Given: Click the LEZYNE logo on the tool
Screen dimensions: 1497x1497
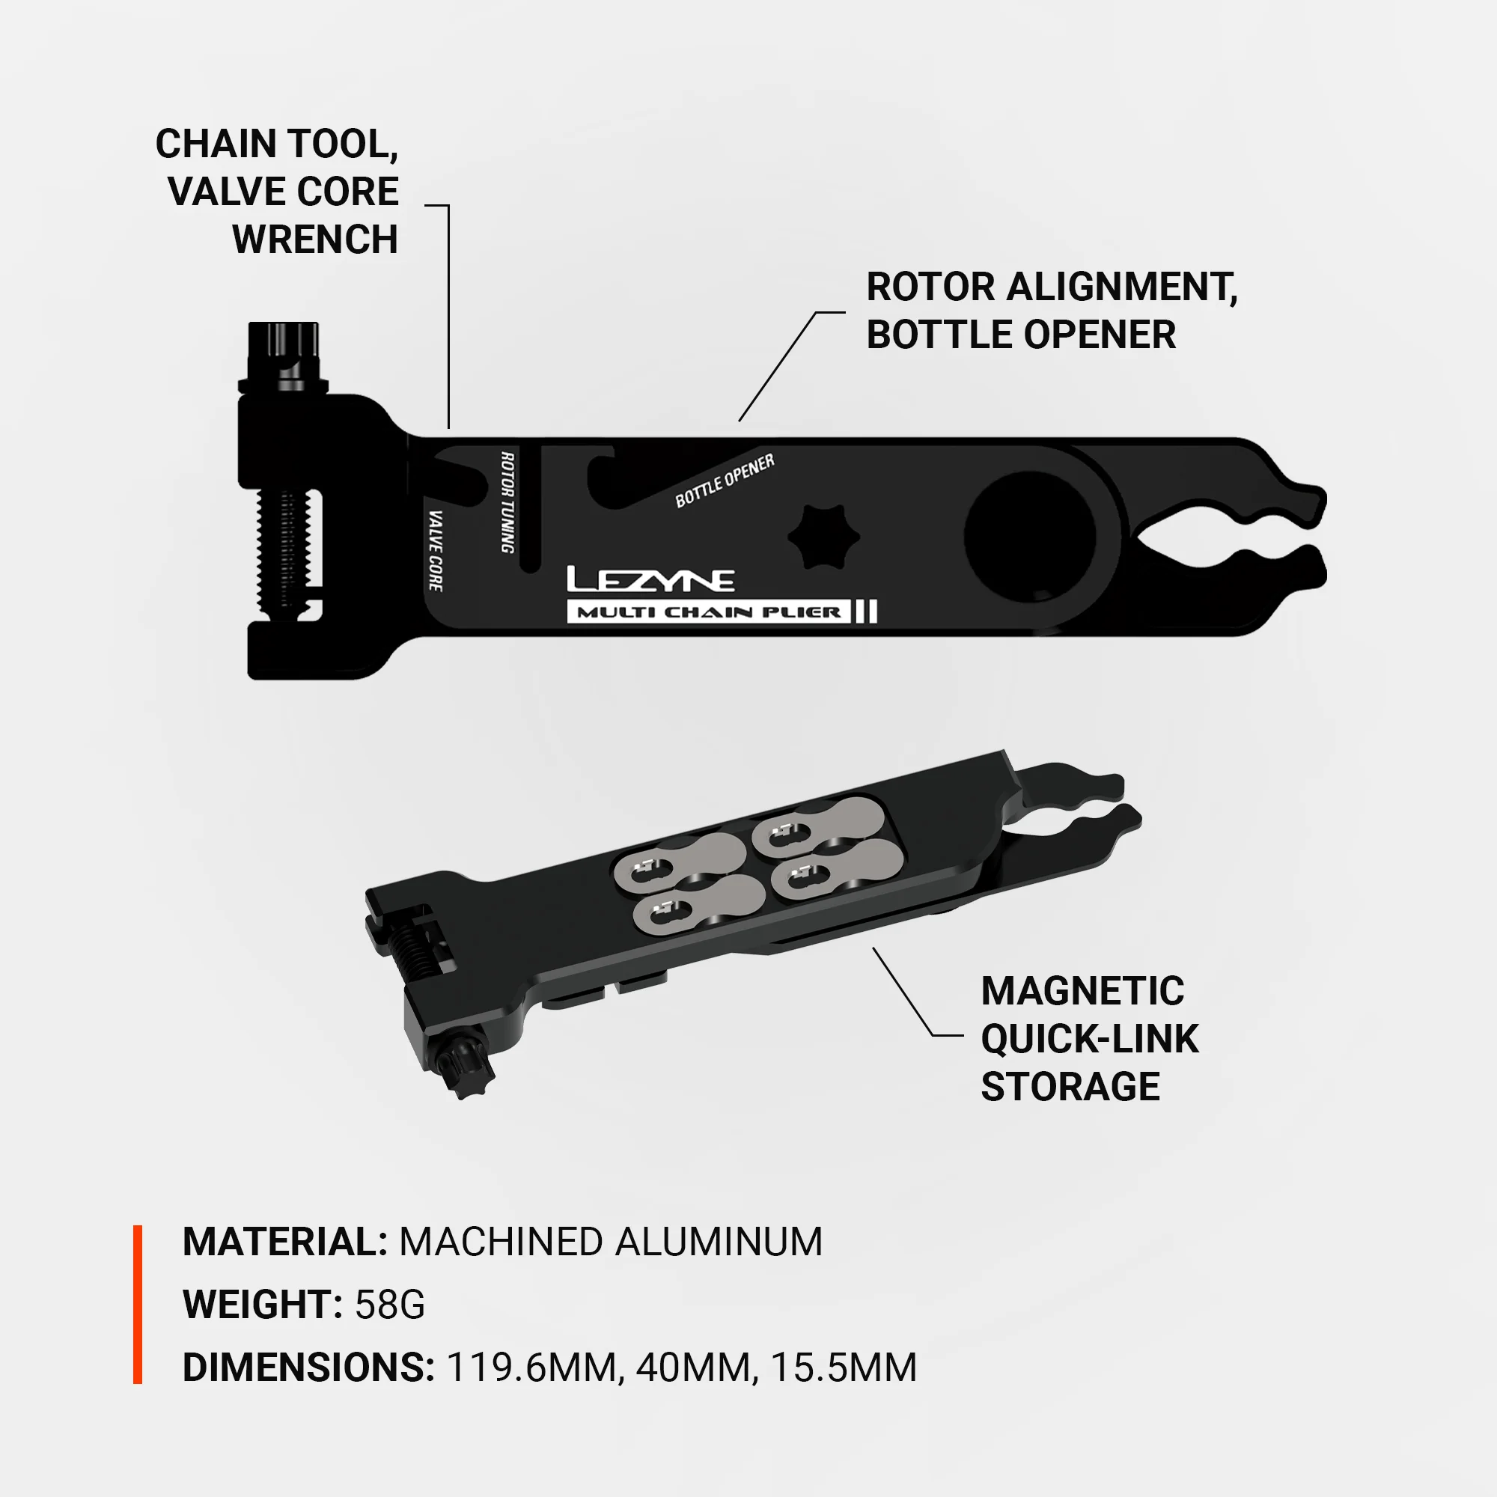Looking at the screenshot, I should click(x=650, y=579).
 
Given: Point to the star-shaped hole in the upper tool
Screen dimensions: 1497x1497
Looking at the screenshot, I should click(x=823, y=536).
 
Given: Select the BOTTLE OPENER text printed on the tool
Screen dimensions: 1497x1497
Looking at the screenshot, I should click(x=725, y=481).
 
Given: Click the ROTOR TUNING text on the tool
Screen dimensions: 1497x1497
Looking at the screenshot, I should click(x=507, y=502).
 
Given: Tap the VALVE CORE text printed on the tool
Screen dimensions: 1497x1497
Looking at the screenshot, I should click(x=436, y=550).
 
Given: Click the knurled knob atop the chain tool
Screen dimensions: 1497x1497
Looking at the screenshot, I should click(x=284, y=349).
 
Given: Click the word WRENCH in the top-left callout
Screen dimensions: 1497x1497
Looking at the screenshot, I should click(x=314, y=240).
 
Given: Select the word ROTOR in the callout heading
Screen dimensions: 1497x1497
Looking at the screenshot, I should click(x=930, y=287).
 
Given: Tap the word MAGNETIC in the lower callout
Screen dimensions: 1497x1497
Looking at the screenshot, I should click(x=1082, y=991).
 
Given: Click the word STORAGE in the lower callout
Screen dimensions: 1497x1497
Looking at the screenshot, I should click(x=1070, y=1086).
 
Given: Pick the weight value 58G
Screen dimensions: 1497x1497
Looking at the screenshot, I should click(x=390, y=1304).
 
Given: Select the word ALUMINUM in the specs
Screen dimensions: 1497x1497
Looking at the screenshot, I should click(x=719, y=1241).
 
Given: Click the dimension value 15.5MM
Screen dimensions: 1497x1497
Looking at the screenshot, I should click(x=844, y=1367).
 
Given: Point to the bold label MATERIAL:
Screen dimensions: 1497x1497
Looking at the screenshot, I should click(x=284, y=1241).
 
